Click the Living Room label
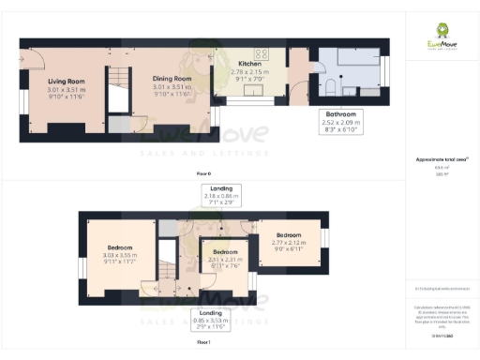click(67, 82)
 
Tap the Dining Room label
click(172, 79)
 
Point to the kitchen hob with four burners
click(262, 53)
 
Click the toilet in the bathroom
click(330, 88)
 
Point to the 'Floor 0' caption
click(203, 174)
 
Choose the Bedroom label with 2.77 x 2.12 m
click(289, 235)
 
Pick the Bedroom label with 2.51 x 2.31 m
click(225, 252)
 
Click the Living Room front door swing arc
click(35, 60)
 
